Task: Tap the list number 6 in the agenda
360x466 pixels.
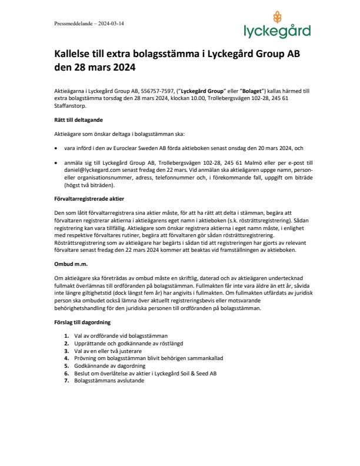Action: [x=66, y=373]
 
